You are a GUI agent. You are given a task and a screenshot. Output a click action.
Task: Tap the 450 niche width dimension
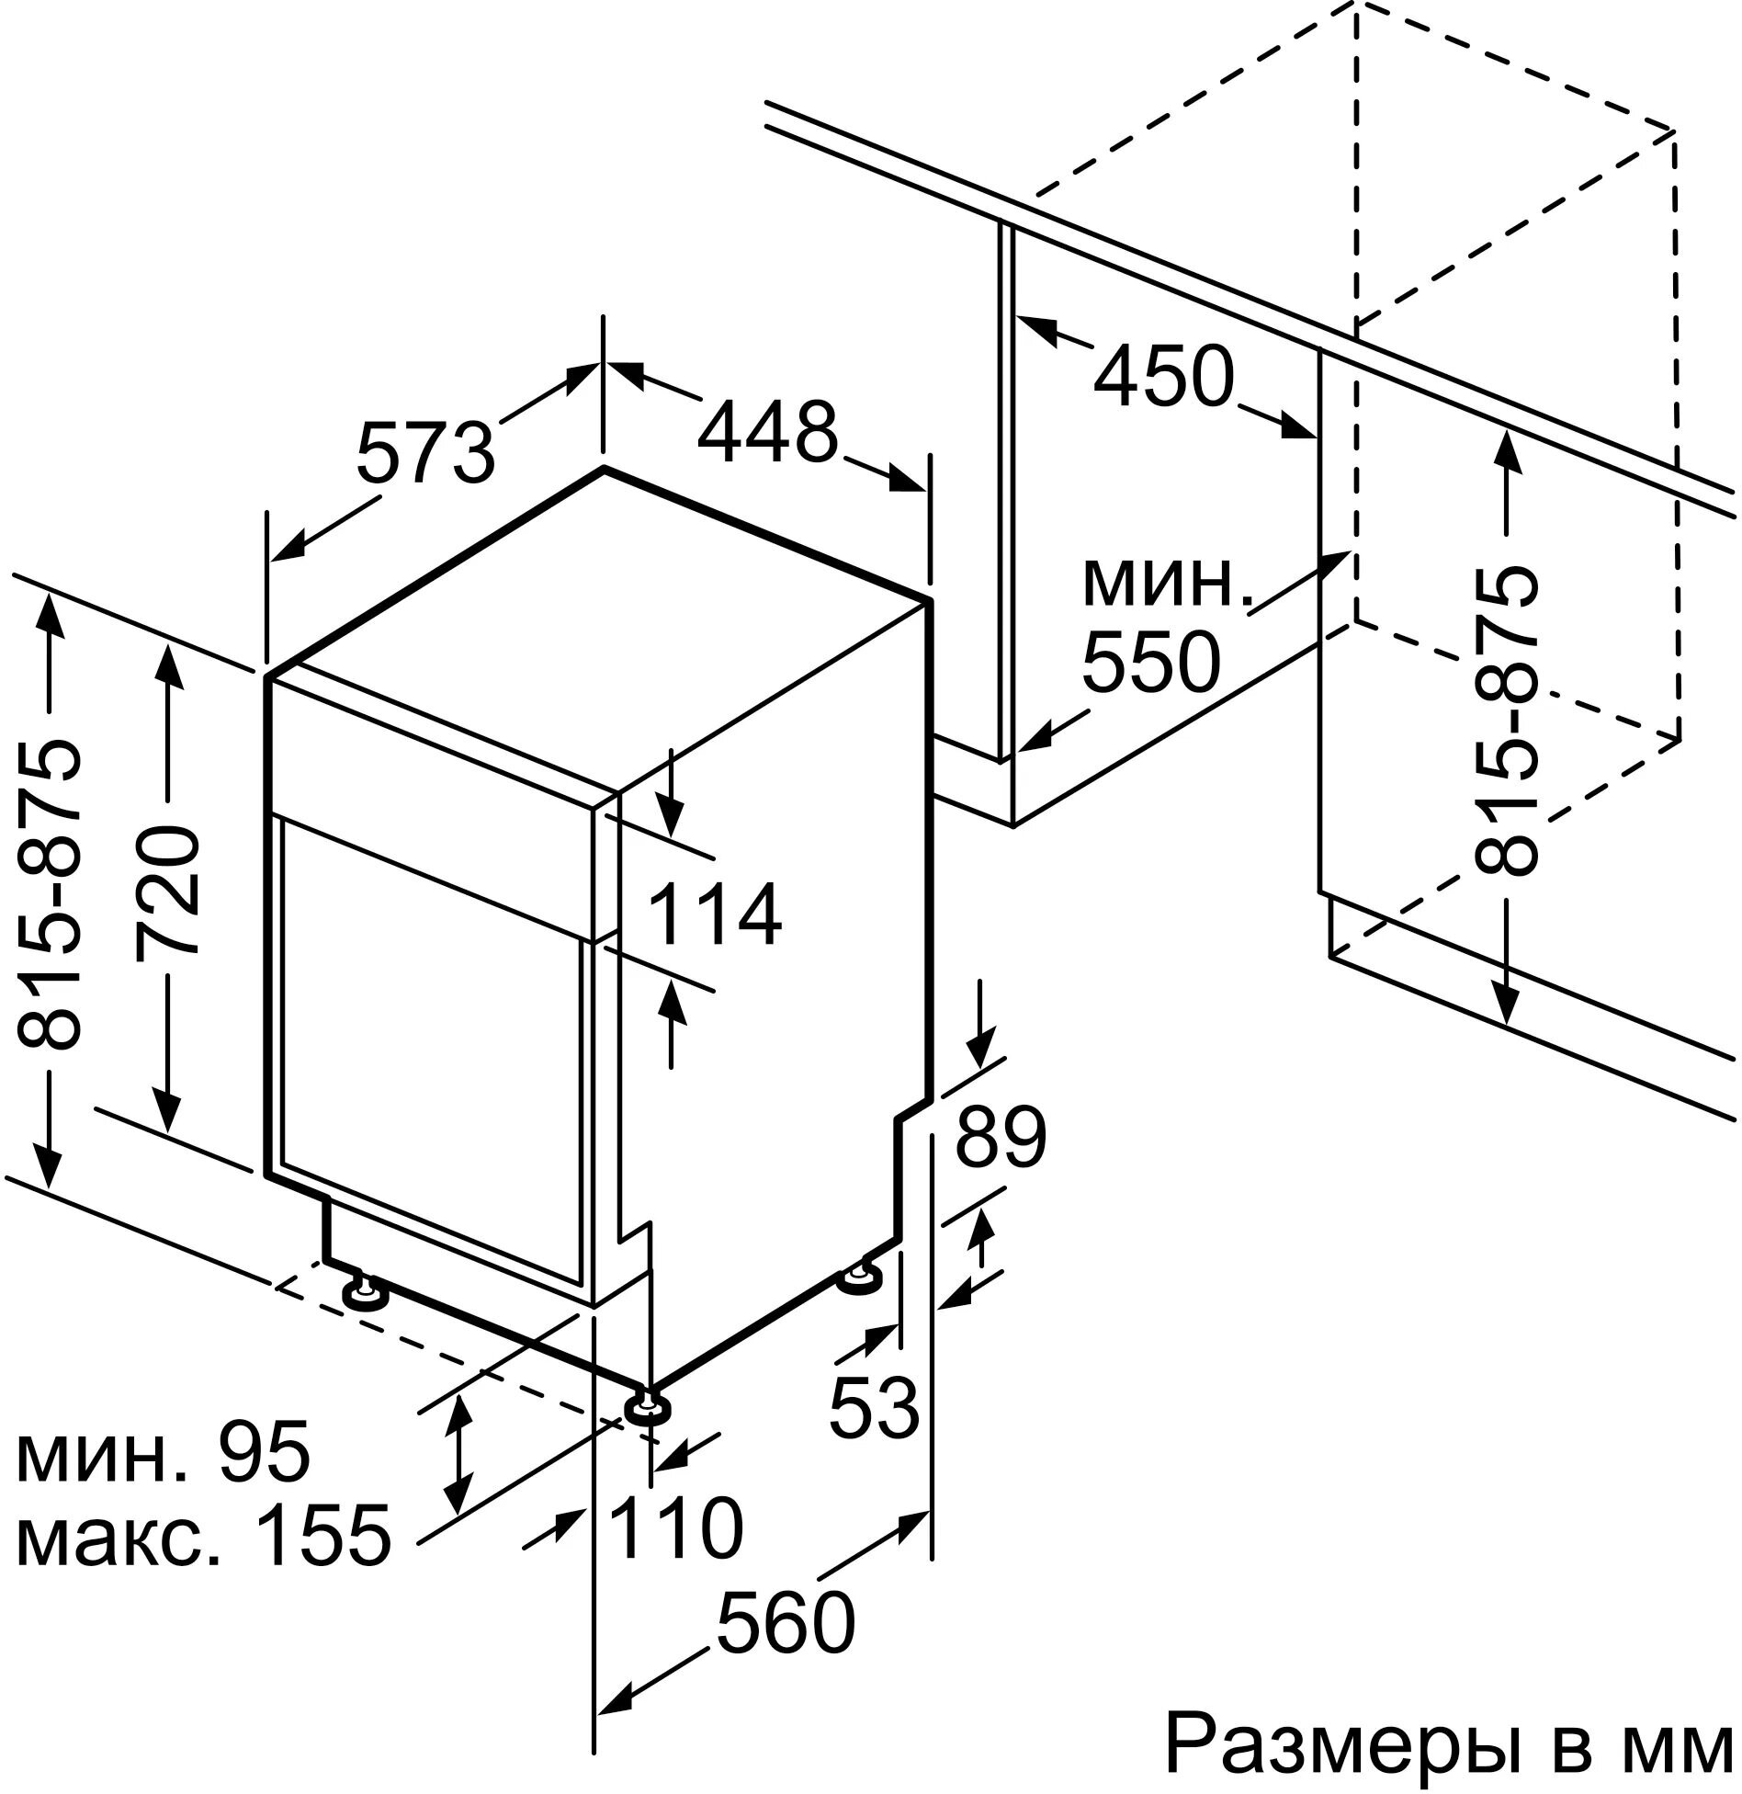[1161, 376]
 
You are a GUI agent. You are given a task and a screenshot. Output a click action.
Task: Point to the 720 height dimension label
[167, 891]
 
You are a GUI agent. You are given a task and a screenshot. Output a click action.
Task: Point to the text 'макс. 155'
[204, 1532]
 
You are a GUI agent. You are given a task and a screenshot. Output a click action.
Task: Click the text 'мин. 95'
[164, 1451]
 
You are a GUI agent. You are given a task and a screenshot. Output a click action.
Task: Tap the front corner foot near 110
[646, 1408]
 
